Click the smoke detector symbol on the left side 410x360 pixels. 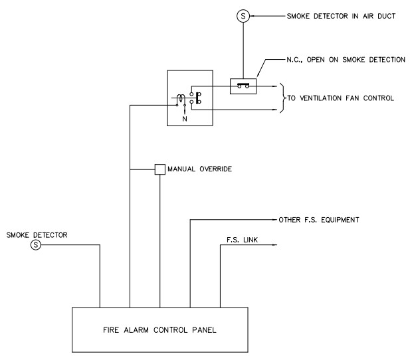click(37, 245)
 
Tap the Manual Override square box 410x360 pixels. click(159, 169)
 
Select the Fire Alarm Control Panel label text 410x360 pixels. click(159, 329)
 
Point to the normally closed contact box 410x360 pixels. click(243, 86)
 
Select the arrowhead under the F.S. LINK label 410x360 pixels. click(274, 245)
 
